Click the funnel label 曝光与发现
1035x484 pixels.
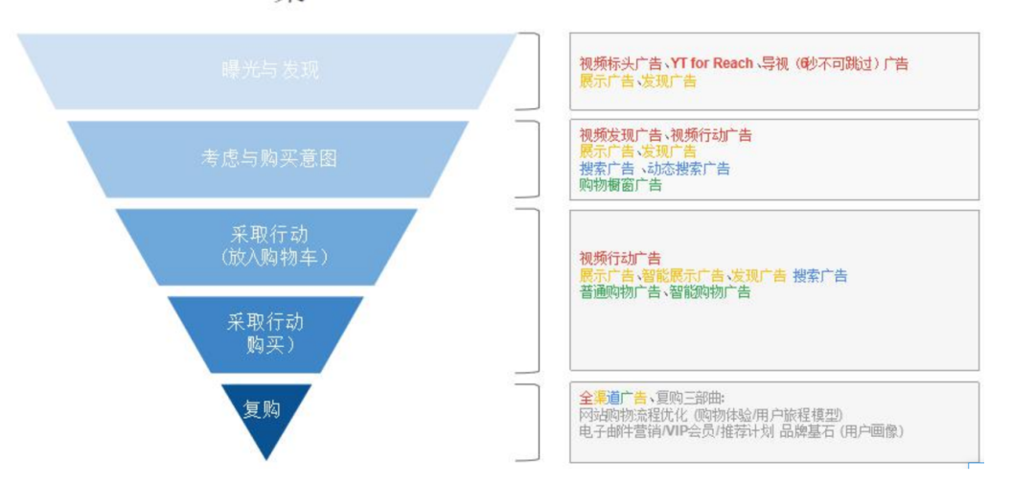click(x=269, y=70)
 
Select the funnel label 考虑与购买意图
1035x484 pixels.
click(x=268, y=158)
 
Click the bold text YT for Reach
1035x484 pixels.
click(x=711, y=64)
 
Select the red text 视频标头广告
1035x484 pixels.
click(x=619, y=64)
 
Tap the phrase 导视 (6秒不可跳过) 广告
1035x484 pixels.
click(x=835, y=64)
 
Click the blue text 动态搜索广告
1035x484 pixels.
click(x=688, y=169)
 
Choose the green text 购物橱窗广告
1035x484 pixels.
click(x=619, y=185)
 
